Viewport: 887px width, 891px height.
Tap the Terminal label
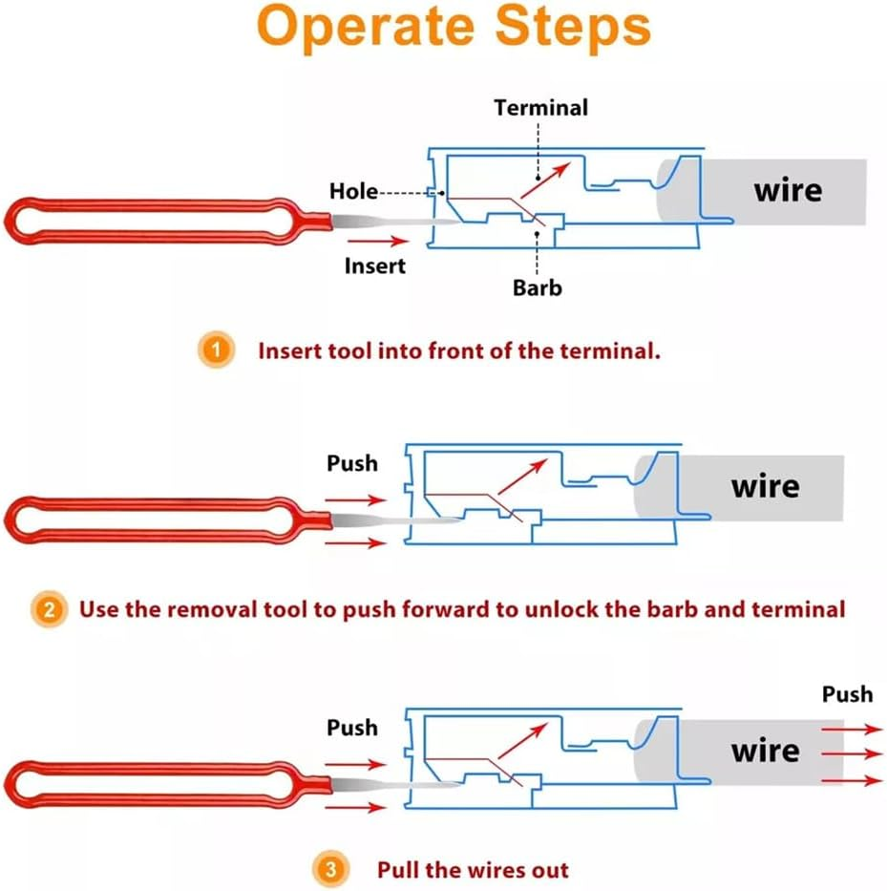click(540, 108)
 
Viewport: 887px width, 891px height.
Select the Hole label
click(353, 191)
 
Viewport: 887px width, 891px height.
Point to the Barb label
click(538, 286)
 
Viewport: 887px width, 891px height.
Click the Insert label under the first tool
click(375, 266)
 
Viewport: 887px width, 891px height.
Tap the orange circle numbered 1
click(219, 350)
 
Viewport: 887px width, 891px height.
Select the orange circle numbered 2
click(49, 608)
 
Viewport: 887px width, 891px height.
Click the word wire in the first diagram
click(788, 189)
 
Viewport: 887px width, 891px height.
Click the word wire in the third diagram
click(765, 750)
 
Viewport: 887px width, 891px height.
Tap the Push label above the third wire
click(847, 693)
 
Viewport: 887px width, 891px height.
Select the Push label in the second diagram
click(352, 463)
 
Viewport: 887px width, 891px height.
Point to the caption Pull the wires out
click(473, 870)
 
